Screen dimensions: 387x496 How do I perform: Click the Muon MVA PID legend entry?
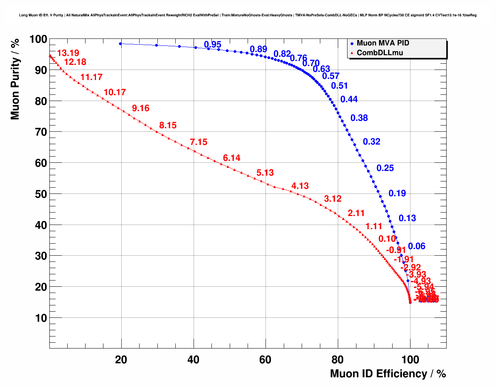[382, 43]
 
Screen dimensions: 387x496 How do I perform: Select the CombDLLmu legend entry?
[379, 53]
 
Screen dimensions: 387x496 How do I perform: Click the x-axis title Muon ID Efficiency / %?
[388, 374]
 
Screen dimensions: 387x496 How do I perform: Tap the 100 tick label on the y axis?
[38, 39]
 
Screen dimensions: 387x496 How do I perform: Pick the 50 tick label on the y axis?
[41, 194]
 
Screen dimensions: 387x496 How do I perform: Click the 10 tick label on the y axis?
[41, 318]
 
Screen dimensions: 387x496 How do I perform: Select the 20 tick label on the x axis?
[121, 360]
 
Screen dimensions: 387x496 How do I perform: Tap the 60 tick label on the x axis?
[265, 360]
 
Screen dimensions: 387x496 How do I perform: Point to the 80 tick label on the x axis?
[337, 360]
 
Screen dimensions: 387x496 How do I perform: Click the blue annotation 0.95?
[213, 44]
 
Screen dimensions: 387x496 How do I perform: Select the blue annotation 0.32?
[372, 142]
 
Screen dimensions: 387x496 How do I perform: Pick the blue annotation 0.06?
[417, 246]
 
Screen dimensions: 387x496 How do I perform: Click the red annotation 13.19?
[68, 53]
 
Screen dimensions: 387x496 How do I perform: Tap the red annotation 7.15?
[199, 142]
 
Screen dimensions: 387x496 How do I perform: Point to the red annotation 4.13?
[300, 186]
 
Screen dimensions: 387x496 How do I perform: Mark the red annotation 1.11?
[374, 227]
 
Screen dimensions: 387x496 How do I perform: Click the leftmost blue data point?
[121, 44]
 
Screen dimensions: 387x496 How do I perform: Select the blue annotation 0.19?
[397, 193]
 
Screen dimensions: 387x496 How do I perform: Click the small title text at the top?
[248, 15]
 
